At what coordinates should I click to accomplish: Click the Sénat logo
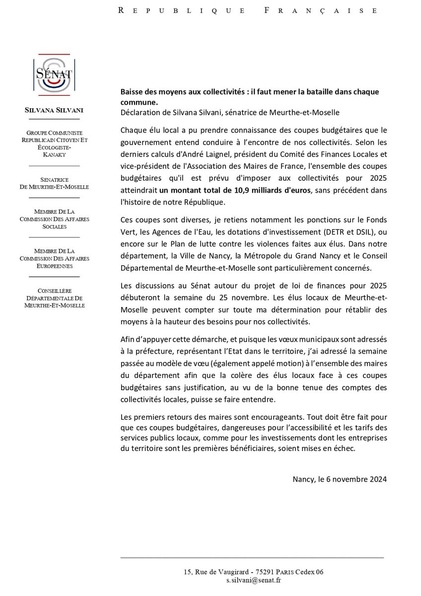click(x=54, y=74)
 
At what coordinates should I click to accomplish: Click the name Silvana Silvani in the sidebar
click(x=54, y=110)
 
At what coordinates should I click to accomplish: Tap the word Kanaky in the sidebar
click(x=54, y=155)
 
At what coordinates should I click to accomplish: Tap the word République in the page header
click(x=181, y=10)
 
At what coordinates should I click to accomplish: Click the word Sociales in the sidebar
click(x=54, y=226)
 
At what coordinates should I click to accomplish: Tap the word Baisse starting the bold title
click(x=132, y=92)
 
